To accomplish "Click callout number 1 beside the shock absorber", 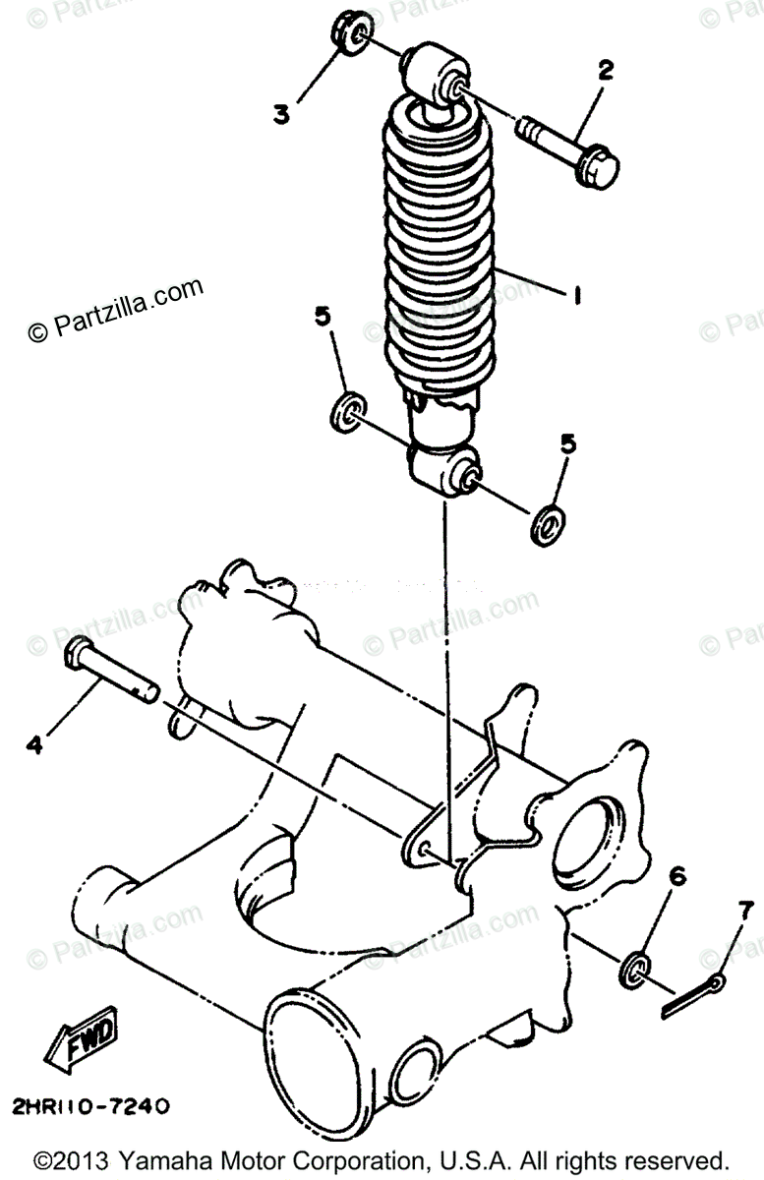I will [577, 293].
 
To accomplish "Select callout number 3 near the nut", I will [282, 115].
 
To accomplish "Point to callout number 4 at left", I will [34, 745].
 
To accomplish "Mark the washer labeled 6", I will [635, 966].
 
